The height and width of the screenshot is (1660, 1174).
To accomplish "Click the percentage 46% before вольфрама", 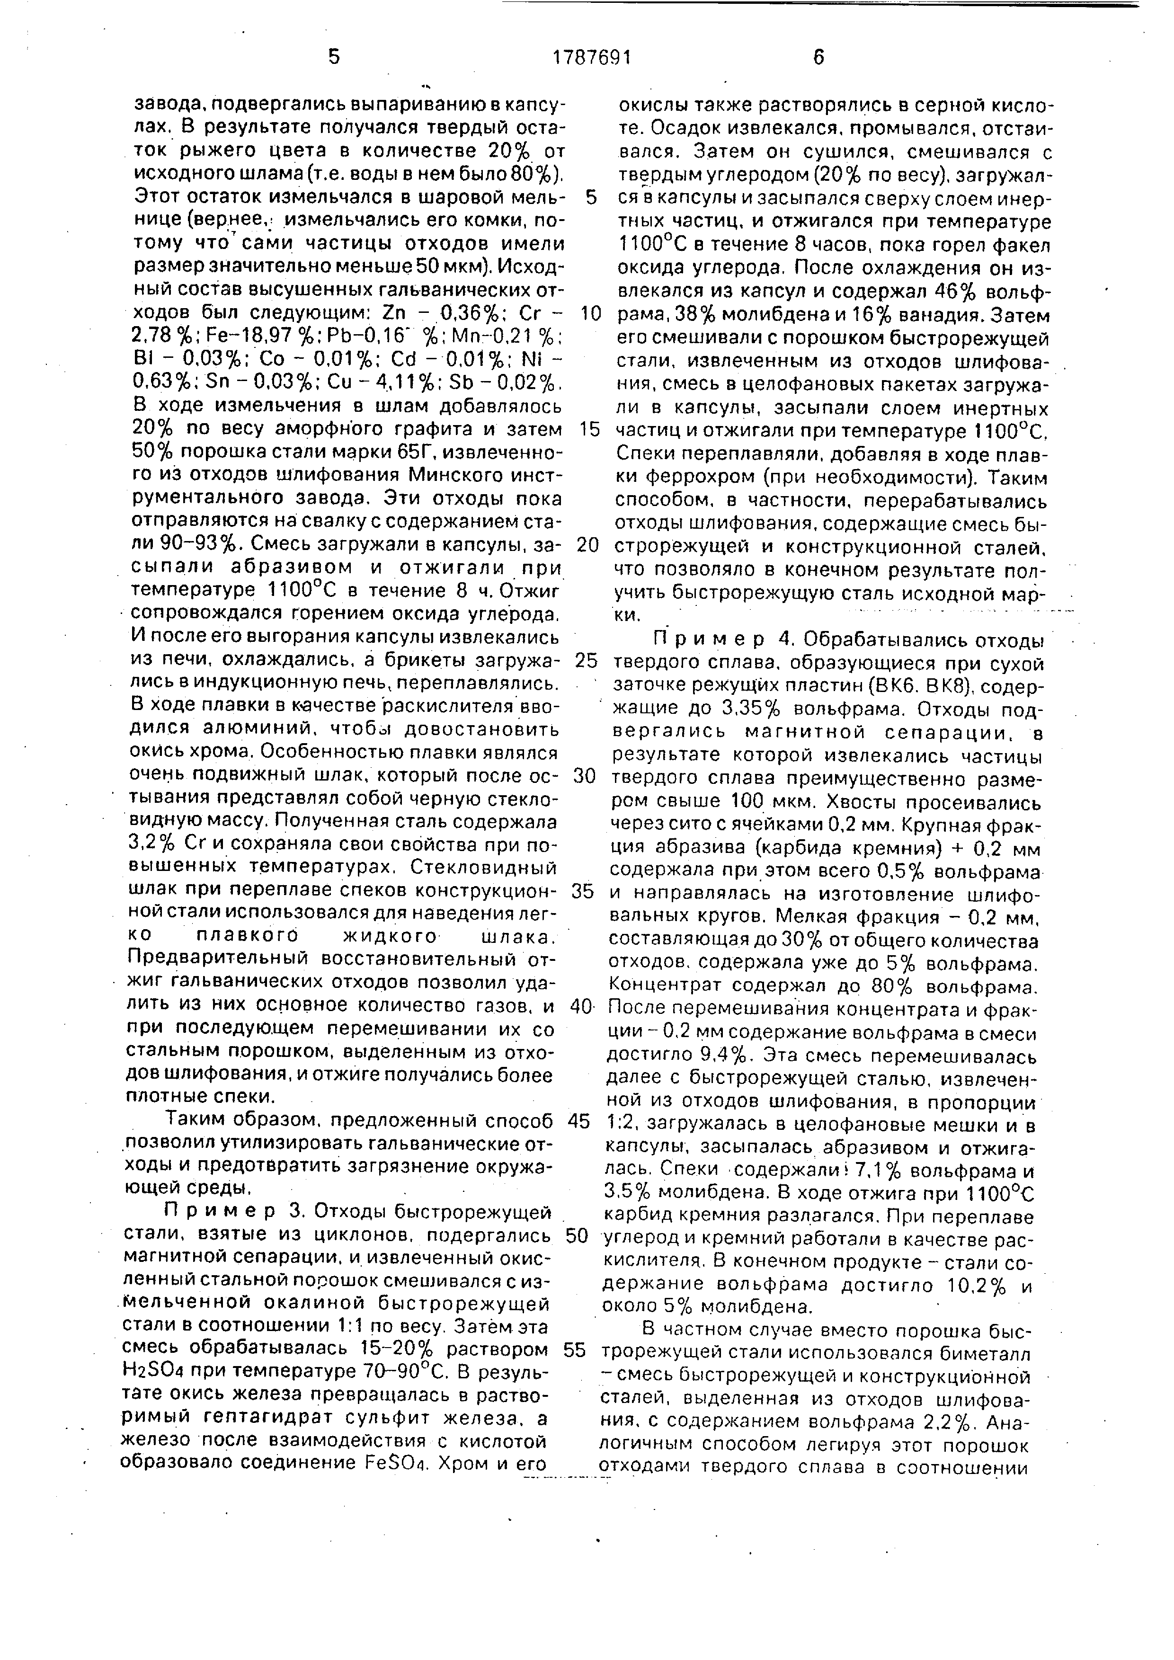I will coord(954,293).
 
